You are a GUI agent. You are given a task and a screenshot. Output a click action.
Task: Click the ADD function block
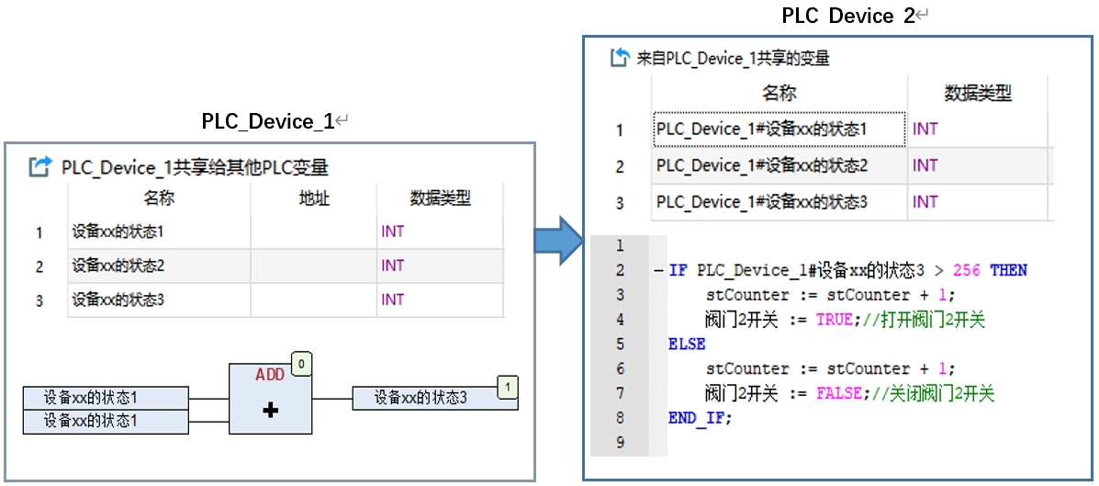(271, 399)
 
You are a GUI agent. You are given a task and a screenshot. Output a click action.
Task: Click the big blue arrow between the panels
(558, 241)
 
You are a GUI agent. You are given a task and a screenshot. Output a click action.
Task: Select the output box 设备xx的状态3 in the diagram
(434, 399)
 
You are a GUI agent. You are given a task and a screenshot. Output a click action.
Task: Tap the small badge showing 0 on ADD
(300, 365)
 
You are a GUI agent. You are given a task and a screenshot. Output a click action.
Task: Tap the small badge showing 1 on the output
(508, 387)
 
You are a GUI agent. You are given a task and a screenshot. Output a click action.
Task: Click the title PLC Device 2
(848, 17)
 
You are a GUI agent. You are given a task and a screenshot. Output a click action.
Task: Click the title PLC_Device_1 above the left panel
(268, 121)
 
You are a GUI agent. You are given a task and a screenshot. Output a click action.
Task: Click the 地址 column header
(313, 199)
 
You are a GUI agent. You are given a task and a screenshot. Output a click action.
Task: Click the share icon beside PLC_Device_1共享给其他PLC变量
(41, 167)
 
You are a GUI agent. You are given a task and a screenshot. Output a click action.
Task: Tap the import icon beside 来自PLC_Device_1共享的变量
(620, 58)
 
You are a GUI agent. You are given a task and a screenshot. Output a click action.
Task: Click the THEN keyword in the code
(1009, 271)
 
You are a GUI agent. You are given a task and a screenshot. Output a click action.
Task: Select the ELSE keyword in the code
(687, 345)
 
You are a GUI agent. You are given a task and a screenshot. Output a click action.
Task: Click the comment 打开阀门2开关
(932, 320)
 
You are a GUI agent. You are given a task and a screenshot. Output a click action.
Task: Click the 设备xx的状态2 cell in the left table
(118, 266)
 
